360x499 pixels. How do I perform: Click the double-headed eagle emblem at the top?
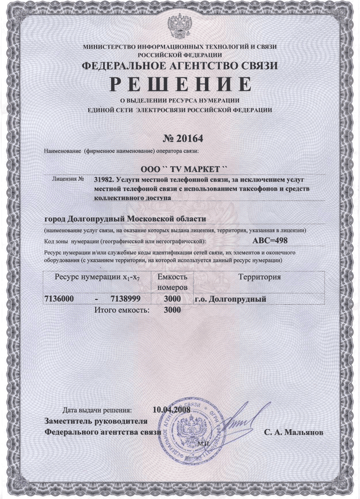[x=180, y=24]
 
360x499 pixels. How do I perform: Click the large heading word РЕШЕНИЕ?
[x=180, y=84]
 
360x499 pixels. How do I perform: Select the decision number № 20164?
[x=180, y=138]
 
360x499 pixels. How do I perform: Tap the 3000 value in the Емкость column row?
[x=172, y=299]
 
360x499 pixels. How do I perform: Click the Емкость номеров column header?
[x=172, y=282]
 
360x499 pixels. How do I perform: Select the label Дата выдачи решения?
[x=97, y=411]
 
